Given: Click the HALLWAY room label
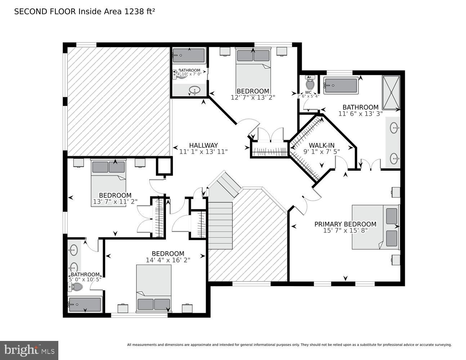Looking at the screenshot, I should coord(203,145).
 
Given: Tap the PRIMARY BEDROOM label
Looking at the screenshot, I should coord(345,224).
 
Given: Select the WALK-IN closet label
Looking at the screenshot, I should coord(319,145).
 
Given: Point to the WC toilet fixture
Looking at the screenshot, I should coord(310,84).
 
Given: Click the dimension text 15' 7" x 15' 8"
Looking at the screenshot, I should coord(345,231).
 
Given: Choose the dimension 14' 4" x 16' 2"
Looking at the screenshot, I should coord(168,260).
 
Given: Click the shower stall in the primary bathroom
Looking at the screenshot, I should coord(391,93).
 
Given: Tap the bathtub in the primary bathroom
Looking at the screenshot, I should coord(341,86).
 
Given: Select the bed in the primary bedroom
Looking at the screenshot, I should coord(375,227).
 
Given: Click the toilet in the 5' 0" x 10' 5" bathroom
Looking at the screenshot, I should coord(75,287).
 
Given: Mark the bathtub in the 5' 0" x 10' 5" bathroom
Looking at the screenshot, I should coord(85,305).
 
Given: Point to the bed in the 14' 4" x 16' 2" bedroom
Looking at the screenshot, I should coord(154,288).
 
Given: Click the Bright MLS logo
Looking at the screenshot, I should coord(29,350).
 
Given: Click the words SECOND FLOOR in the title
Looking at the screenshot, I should coord(45,12).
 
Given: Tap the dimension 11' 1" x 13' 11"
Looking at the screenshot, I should coord(203,152).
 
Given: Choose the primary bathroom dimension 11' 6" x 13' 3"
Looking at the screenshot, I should coord(360,113).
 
